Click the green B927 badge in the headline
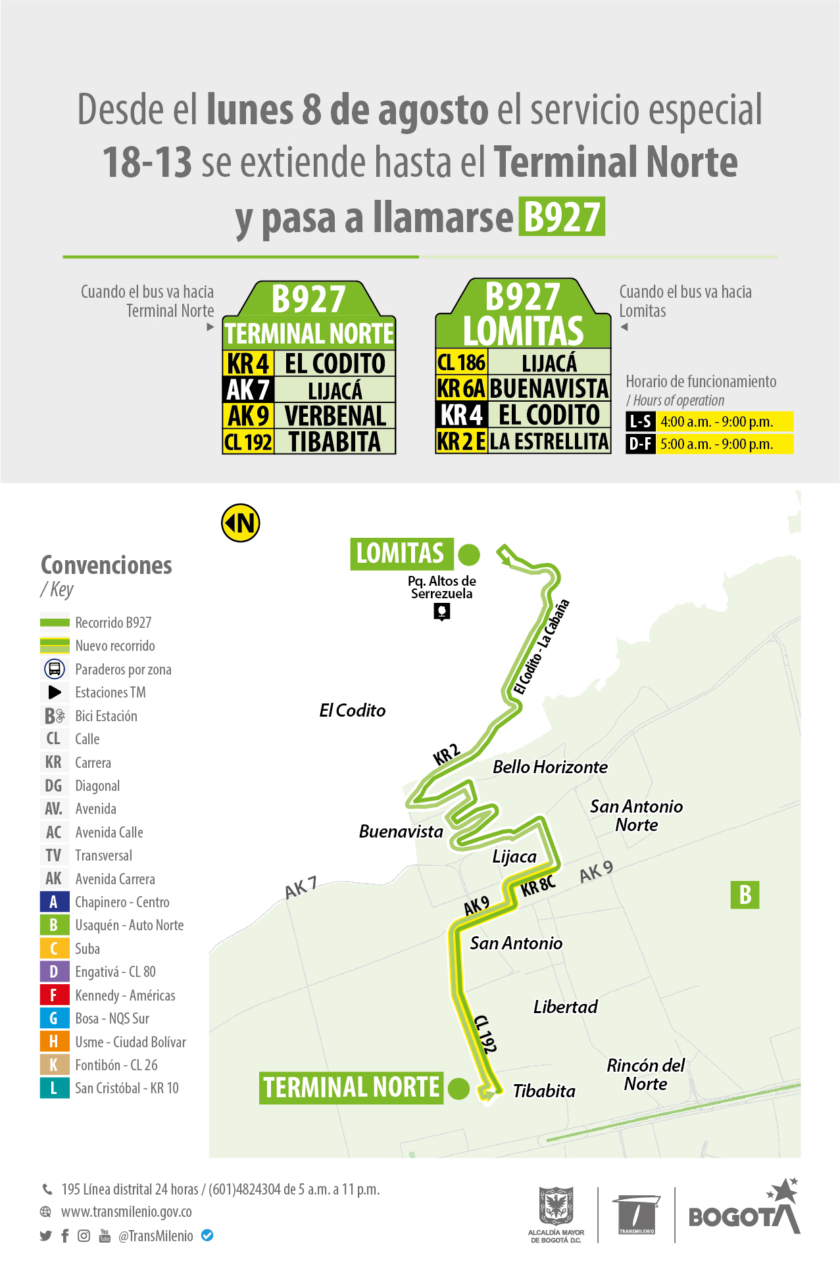point(562,216)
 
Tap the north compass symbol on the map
point(241,523)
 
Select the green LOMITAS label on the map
point(401,554)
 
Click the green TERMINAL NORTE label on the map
point(351,1087)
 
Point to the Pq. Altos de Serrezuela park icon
point(442,612)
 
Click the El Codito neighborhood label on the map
point(353,711)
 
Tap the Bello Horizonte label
point(550,767)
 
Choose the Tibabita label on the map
point(544,1091)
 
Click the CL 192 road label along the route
point(485,1034)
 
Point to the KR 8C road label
point(539,886)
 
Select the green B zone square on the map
point(745,895)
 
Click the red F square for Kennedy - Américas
point(54,995)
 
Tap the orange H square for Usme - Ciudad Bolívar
point(54,1041)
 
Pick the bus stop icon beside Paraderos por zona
point(55,669)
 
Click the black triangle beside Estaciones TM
point(55,692)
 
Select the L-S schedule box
point(640,422)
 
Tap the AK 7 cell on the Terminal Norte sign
point(248,390)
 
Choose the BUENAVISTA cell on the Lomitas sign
point(549,389)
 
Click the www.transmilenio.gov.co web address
point(126,1212)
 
